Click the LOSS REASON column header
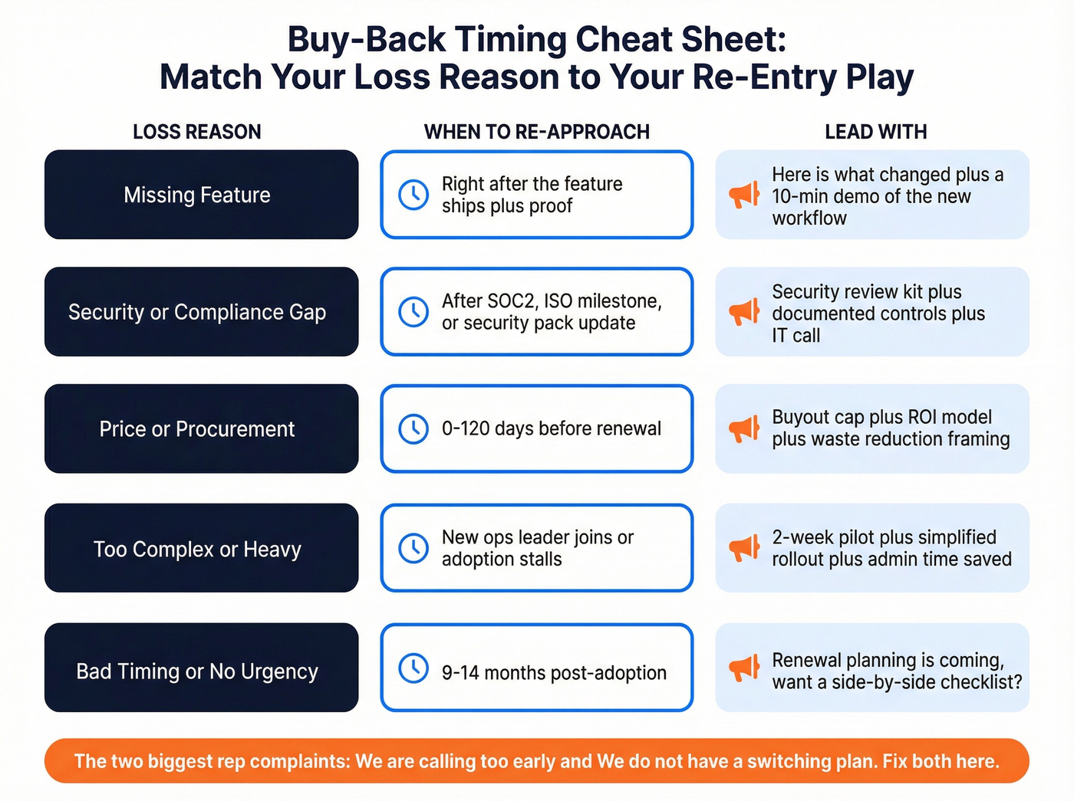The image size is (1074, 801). (196, 132)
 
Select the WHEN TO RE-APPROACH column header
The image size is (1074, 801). (536, 132)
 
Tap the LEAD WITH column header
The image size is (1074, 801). (875, 132)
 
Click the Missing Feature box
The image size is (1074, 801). (201, 195)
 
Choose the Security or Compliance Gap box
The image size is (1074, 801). (201, 312)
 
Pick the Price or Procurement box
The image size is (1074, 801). (201, 428)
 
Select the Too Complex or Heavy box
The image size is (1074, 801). (201, 549)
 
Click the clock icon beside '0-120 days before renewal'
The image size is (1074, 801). (413, 428)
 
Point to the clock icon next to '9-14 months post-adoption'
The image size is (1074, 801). (413, 668)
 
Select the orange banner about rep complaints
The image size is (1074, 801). (536, 761)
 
